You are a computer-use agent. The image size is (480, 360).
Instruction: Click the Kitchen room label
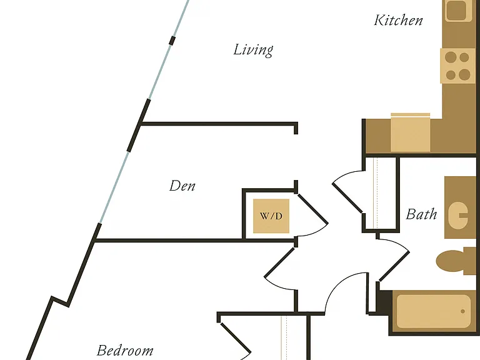(x=398, y=20)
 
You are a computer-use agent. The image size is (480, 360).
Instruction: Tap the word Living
(x=253, y=50)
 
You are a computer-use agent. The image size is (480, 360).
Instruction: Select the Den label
(x=182, y=186)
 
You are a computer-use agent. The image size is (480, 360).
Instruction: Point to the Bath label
(x=421, y=214)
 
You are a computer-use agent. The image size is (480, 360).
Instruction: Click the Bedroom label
(x=125, y=350)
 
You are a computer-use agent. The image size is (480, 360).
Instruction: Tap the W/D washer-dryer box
(x=271, y=216)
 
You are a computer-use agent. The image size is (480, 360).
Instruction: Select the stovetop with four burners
(x=457, y=66)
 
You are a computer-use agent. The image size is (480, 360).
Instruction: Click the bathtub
(x=434, y=312)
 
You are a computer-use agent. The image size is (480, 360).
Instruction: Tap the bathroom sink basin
(x=457, y=215)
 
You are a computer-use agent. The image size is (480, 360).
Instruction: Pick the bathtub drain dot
(x=462, y=311)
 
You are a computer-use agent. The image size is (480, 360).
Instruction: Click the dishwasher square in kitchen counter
(x=411, y=132)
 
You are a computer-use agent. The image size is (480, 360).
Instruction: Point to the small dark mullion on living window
(x=172, y=41)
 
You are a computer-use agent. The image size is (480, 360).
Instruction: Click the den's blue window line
(x=114, y=187)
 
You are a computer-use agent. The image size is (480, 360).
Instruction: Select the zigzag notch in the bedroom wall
(x=60, y=301)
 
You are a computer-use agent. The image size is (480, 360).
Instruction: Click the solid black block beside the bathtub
(x=384, y=302)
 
